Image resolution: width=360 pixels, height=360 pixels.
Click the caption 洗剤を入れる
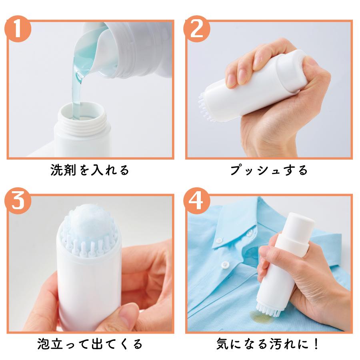(90, 170)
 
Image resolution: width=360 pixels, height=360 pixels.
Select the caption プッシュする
(269, 170)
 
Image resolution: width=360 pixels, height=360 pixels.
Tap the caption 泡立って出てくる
(90, 344)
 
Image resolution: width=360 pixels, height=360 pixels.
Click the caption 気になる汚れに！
(269, 344)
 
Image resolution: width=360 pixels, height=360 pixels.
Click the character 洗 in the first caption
(56, 170)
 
